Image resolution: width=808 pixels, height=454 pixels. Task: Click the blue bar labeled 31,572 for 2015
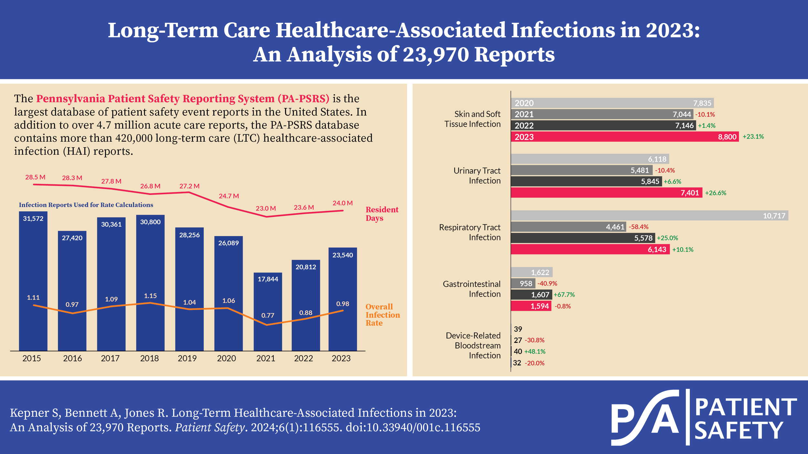pyautogui.click(x=33, y=281)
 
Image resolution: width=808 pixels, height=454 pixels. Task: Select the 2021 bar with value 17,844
pyautogui.click(x=268, y=312)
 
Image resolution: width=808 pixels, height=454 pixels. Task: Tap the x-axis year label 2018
pyautogui.click(x=149, y=358)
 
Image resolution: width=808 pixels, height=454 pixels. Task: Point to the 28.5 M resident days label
pyautogui.click(x=35, y=177)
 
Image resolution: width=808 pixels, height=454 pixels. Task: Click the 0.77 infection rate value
pyautogui.click(x=268, y=315)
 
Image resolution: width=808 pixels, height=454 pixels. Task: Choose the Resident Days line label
pyautogui.click(x=382, y=214)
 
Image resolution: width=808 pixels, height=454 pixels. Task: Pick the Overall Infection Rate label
pyautogui.click(x=382, y=315)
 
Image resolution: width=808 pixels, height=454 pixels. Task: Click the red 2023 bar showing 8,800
pyautogui.click(x=624, y=137)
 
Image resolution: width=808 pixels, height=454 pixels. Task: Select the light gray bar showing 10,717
pyautogui.click(x=649, y=215)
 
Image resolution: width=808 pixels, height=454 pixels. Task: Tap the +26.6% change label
pyautogui.click(x=716, y=193)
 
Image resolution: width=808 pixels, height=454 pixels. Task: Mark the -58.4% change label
pyautogui.click(x=638, y=227)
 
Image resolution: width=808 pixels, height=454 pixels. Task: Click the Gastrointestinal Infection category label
pyautogui.click(x=472, y=289)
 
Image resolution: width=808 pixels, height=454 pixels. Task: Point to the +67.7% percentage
pyautogui.click(x=564, y=295)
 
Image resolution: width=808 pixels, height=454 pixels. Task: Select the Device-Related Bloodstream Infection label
pyautogui.click(x=473, y=346)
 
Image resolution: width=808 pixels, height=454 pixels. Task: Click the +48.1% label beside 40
pyautogui.click(x=535, y=352)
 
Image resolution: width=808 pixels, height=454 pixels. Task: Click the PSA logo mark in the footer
pyautogui.click(x=645, y=418)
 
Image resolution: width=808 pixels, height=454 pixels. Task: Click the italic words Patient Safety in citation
pyautogui.click(x=209, y=428)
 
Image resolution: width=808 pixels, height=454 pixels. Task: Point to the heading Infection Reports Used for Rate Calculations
pyautogui.click(x=86, y=205)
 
